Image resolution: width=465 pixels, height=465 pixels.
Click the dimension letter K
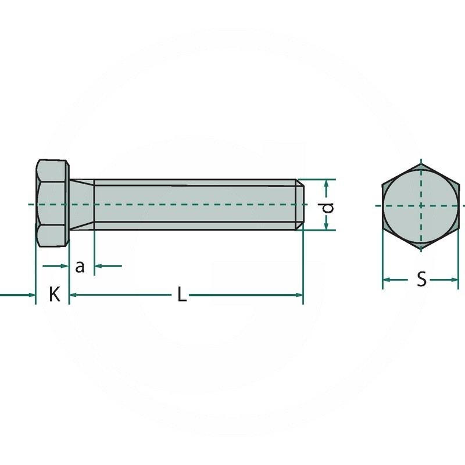(x=55, y=294)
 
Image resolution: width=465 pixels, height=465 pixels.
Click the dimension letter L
(x=182, y=295)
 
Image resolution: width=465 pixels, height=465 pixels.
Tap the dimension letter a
(x=80, y=267)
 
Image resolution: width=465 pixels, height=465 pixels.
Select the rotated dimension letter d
(x=328, y=208)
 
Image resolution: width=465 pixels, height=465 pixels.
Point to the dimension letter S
(x=421, y=280)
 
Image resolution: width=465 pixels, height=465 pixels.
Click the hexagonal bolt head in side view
(x=52, y=203)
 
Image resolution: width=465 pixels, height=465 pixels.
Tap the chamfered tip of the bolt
(x=299, y=205)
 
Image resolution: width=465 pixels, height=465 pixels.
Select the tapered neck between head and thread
(x=82, y=205)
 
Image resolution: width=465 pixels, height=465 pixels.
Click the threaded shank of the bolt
(x=195, y=205)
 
